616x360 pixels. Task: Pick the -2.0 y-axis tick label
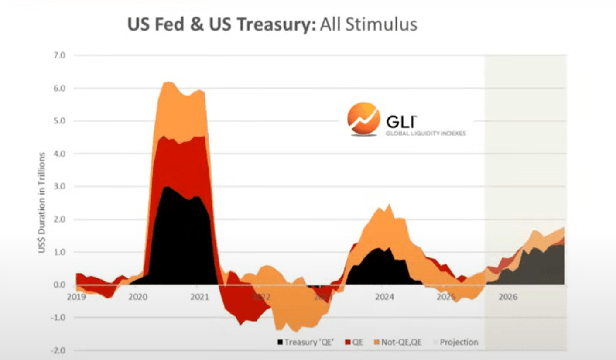click(x=58, y=350)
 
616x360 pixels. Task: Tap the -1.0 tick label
click(x=58, y=318)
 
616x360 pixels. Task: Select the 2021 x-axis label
click(x=200, y=297)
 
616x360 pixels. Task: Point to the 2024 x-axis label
click(x=385, y=297)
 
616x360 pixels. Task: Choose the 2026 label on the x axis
click(x=508, y=297)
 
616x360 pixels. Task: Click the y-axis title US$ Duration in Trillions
click(x=42, y=203)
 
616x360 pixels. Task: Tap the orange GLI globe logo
click(x=363, y=118)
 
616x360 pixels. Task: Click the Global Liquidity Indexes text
click(x=425, y=133)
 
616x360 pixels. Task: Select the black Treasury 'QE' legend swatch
click(x=280, y=342)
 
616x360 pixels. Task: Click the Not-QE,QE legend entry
click(x=398, y=342)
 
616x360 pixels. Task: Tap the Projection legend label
click(x=459, y=342)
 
